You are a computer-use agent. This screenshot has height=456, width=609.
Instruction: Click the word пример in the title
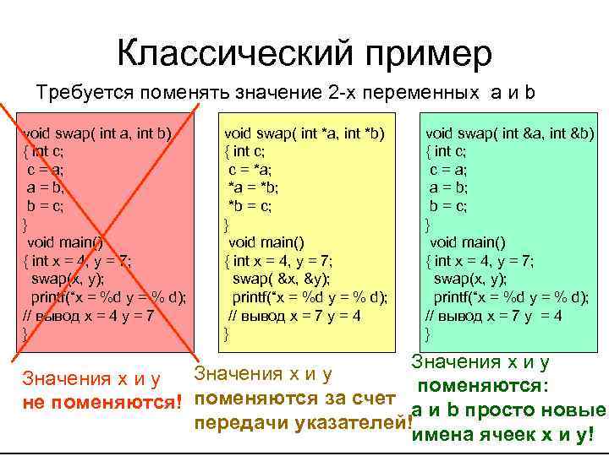[x=425, y=55]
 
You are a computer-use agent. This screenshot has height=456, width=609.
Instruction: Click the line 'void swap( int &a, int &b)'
[x=510, y=133]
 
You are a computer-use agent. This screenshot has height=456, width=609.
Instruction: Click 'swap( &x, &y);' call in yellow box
[x=282, y=278]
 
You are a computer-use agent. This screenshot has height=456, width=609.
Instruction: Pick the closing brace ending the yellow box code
[x=226, y=334]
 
